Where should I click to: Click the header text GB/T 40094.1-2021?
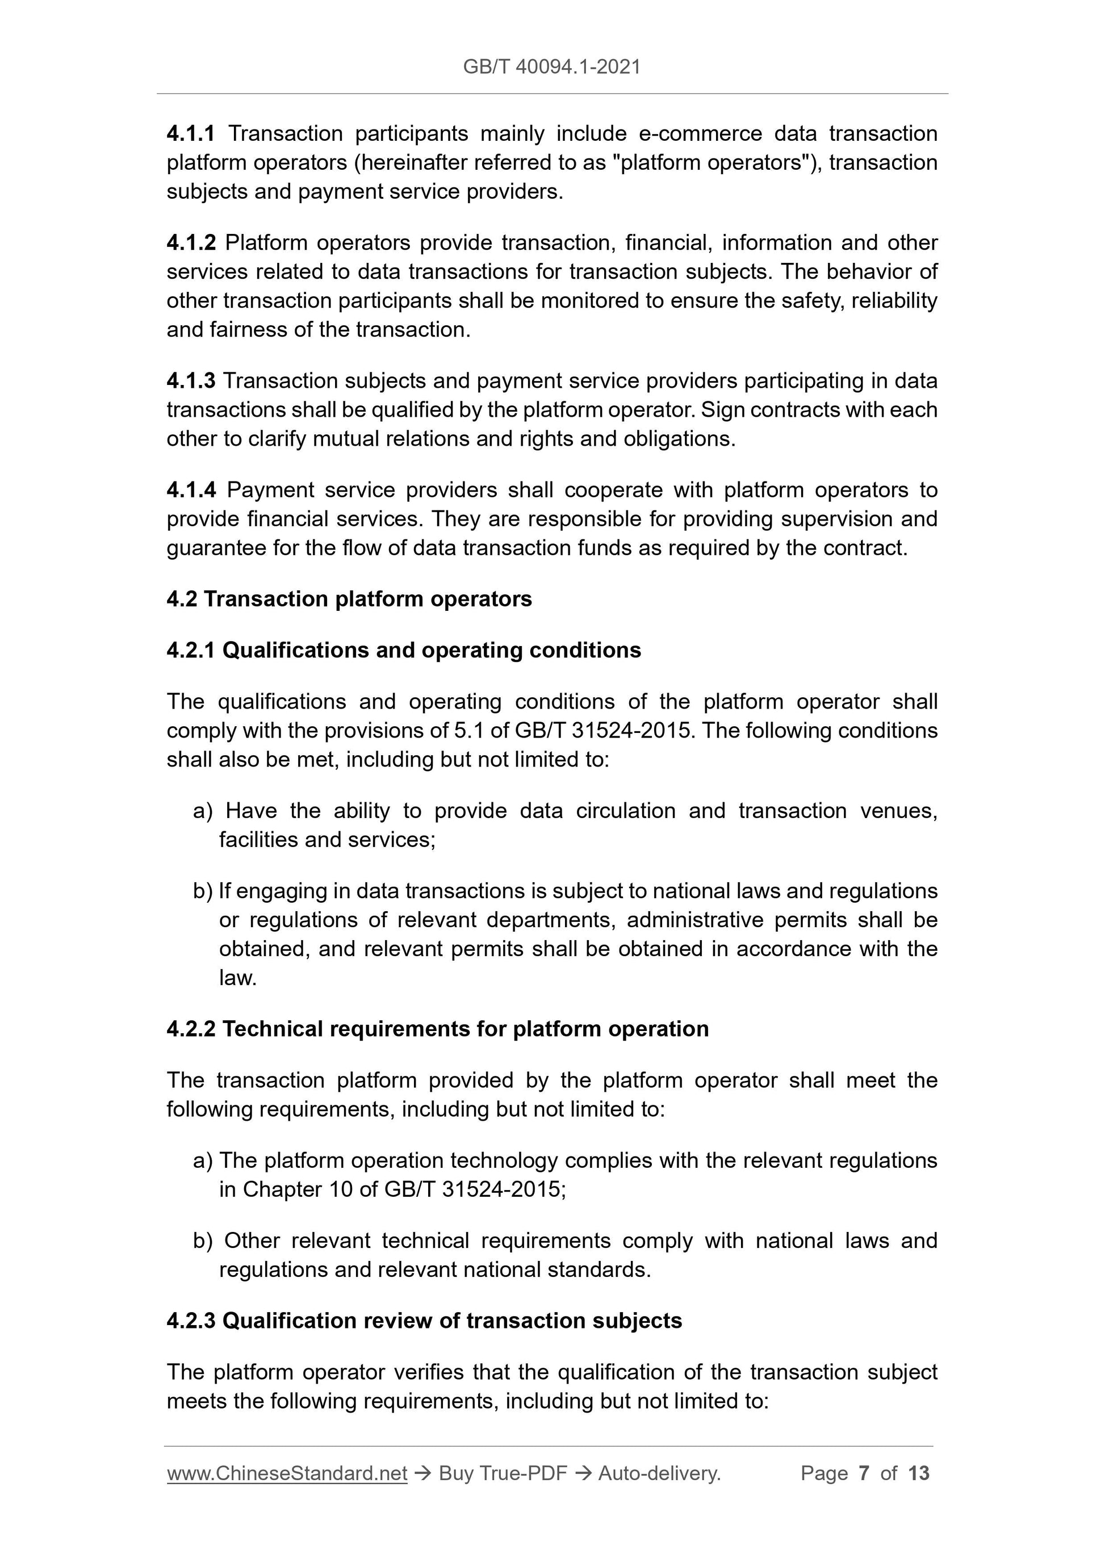[x=551, y=67]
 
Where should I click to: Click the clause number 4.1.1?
[x=191, y=133]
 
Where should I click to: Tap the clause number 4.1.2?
[x=191, y=242]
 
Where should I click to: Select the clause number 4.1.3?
[x=191, y=380]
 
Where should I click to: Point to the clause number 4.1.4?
[x=191, y=489]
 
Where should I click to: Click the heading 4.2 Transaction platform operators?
[x=349, y=599]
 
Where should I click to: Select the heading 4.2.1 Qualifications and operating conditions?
[x=403, y=650]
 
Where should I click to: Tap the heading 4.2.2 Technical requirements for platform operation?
[x=437, y=1029]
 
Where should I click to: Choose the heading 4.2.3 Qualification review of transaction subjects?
[x=424, y=1321]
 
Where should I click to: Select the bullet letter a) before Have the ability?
[x=203, y=811]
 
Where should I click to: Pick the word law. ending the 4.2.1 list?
[x=237, y=978]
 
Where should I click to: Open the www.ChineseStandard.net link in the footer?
[x=287, y=1473]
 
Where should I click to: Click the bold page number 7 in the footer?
[x=864, y=1473]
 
